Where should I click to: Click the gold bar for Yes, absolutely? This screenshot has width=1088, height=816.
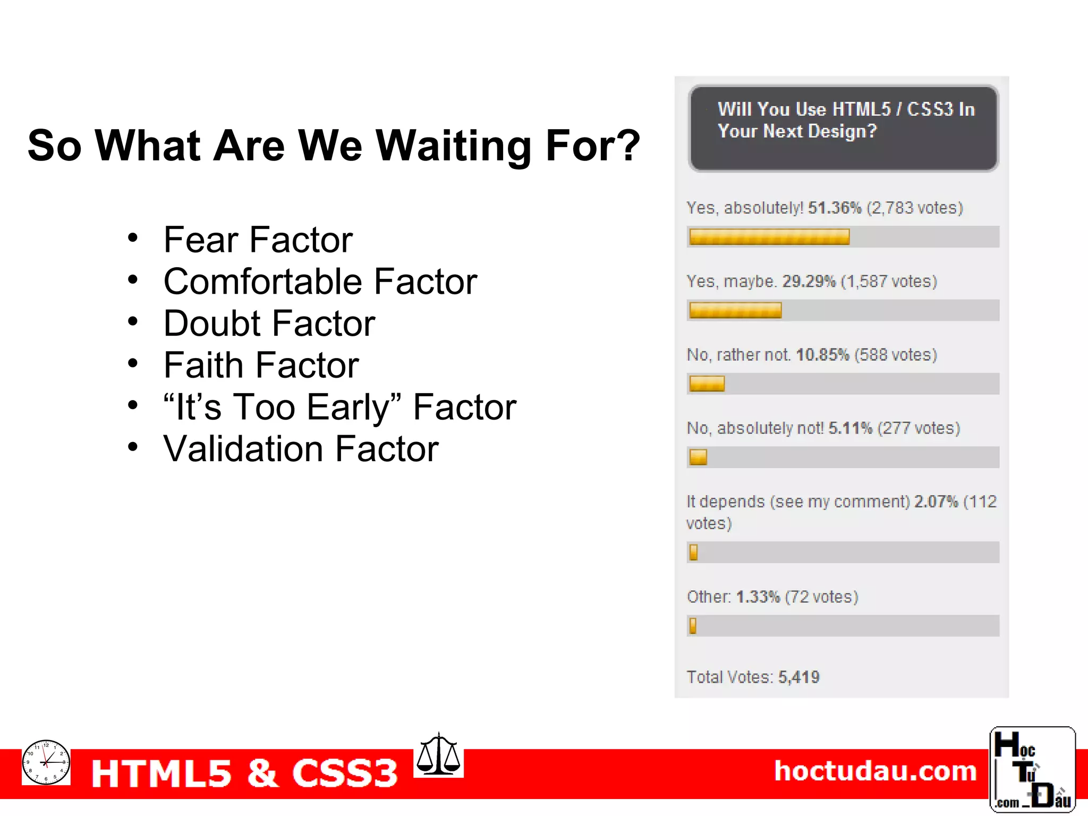769,237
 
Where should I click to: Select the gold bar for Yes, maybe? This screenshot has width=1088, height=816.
735,310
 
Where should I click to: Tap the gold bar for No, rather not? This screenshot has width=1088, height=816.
707,384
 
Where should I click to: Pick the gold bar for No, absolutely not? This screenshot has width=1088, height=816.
698,457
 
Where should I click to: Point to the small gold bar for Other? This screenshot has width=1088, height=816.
693,626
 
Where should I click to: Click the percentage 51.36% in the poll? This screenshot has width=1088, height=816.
834,208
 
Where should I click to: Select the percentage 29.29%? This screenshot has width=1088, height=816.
809,281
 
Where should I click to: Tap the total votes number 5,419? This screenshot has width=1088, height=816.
798,677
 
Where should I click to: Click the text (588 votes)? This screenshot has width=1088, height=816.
896,355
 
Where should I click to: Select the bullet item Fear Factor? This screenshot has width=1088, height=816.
258,240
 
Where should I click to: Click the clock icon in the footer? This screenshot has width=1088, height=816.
46,762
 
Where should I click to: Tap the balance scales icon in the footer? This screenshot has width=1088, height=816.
438,755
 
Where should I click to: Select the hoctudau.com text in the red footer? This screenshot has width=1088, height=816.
875,771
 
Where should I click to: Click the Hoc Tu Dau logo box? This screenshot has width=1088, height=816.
1032,769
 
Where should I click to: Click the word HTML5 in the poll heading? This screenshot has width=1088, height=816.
861,109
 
